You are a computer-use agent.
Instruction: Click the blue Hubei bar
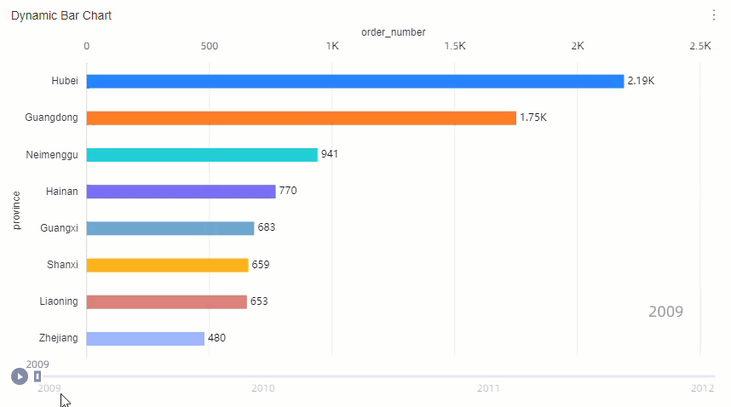(355, 81)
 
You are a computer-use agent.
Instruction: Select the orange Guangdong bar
(302, 118)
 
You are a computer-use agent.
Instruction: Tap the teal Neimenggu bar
(202, 154)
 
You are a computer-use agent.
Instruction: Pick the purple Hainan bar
(181, 192)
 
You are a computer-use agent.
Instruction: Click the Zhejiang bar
(146, 338)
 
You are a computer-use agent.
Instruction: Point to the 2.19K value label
(641, 81)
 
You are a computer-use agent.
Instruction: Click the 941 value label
(330, 154)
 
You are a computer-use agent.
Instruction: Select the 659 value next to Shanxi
(260, 265)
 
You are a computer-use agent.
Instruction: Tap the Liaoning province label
(59, 301)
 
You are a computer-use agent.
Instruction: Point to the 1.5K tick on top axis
(454, 46)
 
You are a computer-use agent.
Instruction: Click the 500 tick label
(210, 46)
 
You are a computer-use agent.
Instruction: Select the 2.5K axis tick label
(700, 46)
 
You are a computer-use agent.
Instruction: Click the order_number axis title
(394, 32)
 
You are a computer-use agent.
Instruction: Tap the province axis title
(16, 209)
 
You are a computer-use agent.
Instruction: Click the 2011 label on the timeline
(488, 388)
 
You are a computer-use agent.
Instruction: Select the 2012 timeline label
(702, 388)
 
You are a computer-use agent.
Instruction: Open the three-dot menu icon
(714, 15)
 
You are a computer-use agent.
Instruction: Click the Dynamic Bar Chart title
(61, 15)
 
